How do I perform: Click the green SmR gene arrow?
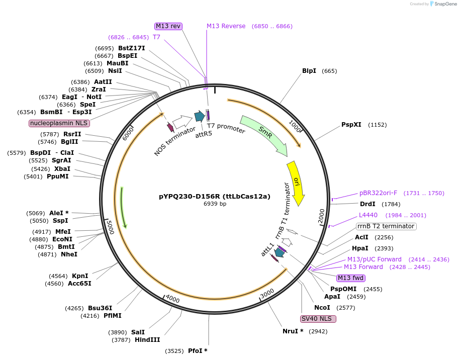(x=264, y=134)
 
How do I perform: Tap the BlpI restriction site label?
(x=309, y=71)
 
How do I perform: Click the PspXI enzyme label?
(x=351, y=125)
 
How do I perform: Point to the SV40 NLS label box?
(x=318, y=319)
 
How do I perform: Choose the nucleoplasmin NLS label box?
(x=59, y=123)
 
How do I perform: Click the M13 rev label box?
(x=168, y=26)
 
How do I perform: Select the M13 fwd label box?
(x=351, y=278)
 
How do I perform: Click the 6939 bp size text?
(x=215, y=204)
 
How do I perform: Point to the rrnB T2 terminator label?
(x=386, y=226)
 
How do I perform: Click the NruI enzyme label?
(x=293, y=331)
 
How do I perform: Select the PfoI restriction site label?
(x=198, y=350)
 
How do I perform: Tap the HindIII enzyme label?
(x=147, y=340)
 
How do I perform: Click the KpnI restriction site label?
(x=80, y=276)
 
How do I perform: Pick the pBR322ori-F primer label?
(x=378, y=193)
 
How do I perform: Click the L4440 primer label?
(x=368, y=215)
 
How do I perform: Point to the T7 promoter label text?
(x=226, y=129)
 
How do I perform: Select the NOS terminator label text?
(x=174, y=141)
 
